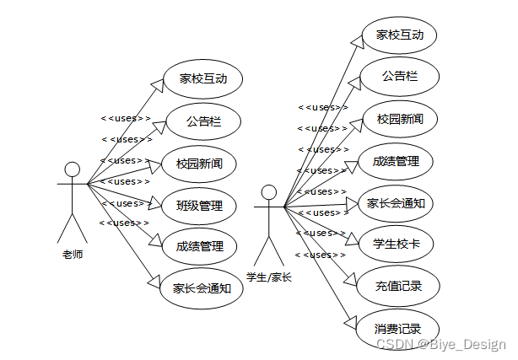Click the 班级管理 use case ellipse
pyautogui.click(x=200, y=205)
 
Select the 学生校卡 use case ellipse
pyautogui.click(x=397, y=244)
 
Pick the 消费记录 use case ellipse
pyautogui.click(x=397, y=328)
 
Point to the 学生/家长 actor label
pyautogui.click(x=268, y=277)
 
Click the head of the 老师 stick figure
pyautogui.click(x=73, y=169)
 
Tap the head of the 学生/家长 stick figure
pyautogui.click(x=268, y=192)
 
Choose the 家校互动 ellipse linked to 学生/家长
pyautogui.click(x=399, y=35)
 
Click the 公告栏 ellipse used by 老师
pyautogui.click(x=203, y=121)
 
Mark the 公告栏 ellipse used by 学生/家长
pyautogui.click(x=399, y=77)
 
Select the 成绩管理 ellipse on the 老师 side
pyautogui.click(x=200, y=246)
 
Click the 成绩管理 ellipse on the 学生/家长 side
pyautogui.click(x=396, y=160)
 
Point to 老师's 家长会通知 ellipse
pyautogui.click(x=201, y=287)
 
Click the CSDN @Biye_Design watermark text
pyautogui.click(x=440, y=344)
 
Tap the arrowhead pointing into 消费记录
pyautogui.click(x=353, y=321)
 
